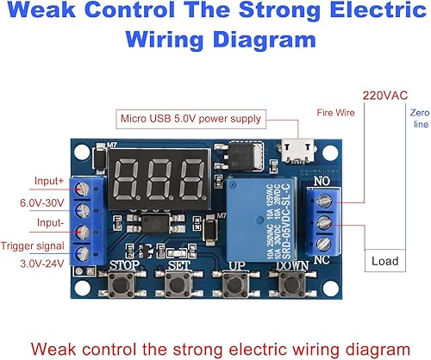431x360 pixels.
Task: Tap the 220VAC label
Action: [384, 95]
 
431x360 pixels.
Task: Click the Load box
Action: [384, 260]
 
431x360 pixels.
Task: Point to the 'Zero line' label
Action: [420, 119]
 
